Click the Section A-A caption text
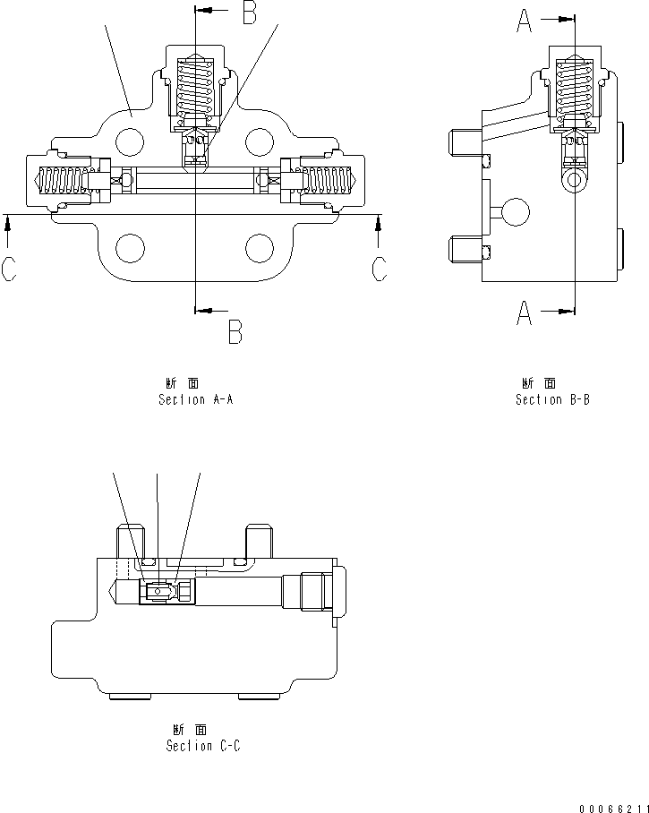pyautogui.click(x=196, y=399)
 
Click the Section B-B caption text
pyautogui.click(x=552, y=399)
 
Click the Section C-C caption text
pyautogui.click(x=203, y=745)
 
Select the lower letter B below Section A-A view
pyautogui.click(x=235, y=332)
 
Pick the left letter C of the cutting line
pyautogui.click(x=9, y=268)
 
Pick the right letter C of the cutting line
pyautogui.click(x=380, y=268)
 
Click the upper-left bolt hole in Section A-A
pyautogui.click(x=131, y=141)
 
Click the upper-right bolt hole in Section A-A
pyautogui.click(x=259, y=141)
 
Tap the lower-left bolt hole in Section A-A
pyautogui.click(x=131, y=247)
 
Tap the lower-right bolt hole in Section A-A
pyautogui.click(x=259, y=247)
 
